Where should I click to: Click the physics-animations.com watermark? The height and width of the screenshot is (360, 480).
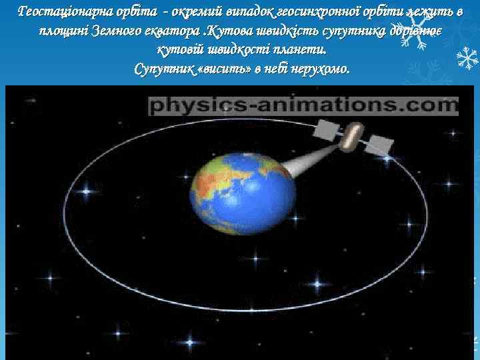pyautogui.click(x=303, y=105)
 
